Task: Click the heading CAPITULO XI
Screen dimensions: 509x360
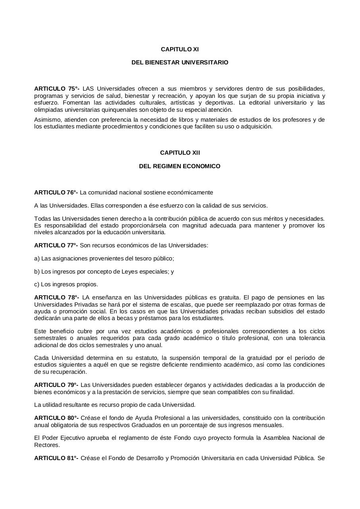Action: [x=180, y=49]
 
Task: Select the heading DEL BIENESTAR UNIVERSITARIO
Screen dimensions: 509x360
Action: [x=180, y=62]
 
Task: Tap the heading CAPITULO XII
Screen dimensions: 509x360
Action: [x=180, y=153]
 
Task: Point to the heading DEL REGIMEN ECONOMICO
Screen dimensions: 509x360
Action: [x=180, y=166]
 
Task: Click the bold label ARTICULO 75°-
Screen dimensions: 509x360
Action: [x=56, y=89]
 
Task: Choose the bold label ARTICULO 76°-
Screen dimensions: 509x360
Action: [x=56, y=192]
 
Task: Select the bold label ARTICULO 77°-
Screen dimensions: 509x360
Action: [x=56, y=245]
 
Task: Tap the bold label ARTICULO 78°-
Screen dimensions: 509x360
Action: [x=56, y=297]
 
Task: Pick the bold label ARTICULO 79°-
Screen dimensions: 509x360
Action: [x=56, y=385]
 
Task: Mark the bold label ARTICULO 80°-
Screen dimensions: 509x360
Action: [x=56, y=418]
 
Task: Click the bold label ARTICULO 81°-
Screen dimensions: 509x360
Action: [x=56, y=458]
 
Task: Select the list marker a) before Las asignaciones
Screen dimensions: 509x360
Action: [x=37, y=258]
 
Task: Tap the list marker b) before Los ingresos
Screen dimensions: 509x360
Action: [x=37, y=272]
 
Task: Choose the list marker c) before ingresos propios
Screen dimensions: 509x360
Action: [x=37, y=284]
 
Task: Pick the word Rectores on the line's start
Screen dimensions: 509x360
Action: [x=47, y=445]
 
